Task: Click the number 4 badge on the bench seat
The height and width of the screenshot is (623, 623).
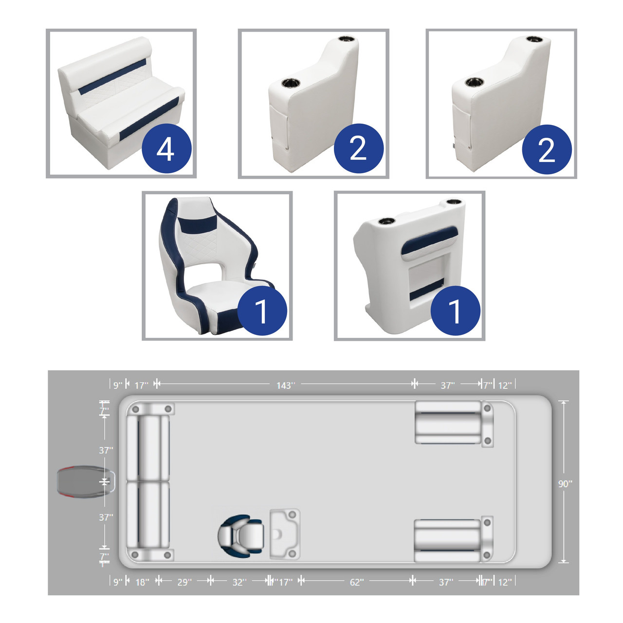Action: pyautogui.click(x=166, y=148)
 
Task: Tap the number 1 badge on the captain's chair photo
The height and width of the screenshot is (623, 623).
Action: pyautogui.click(x=262, y=311)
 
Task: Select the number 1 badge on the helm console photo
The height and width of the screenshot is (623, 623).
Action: pyautogui.click(x=455, y=311)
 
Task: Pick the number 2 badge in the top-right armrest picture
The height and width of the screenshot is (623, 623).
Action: pyautogui.click(x=547, y=149)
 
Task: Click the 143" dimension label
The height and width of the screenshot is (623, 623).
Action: pyautogui.click(x=286, y=385)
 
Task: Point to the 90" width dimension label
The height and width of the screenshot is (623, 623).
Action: pyautogui.click(x=565, y=484)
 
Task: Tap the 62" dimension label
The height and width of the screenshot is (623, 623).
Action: pyautogui.click(x=357, y=582)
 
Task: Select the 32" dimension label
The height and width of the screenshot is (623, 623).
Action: pyautogui.click(x=239, y=582)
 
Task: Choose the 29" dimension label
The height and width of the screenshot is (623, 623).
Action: pyautogui.click(x=184, y=582)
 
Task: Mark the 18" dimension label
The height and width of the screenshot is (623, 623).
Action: pyautogui.click(x=142, y=582)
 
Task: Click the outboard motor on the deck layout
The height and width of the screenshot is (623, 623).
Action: pyautogui.click(x=86, y=482)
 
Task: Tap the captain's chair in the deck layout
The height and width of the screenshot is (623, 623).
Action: pyautogui.click(x=241, y=535)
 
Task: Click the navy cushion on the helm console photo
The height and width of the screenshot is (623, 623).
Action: pyautogui.click(x=429, y=243)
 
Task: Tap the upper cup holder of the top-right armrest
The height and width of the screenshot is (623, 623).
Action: pyautogui.click(x=534, y=39)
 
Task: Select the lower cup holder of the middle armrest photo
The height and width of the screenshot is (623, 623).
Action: pyautogui.click(x=291, y=83)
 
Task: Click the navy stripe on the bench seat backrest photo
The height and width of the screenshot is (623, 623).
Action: pyautogui.click(x=112, y=77)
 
